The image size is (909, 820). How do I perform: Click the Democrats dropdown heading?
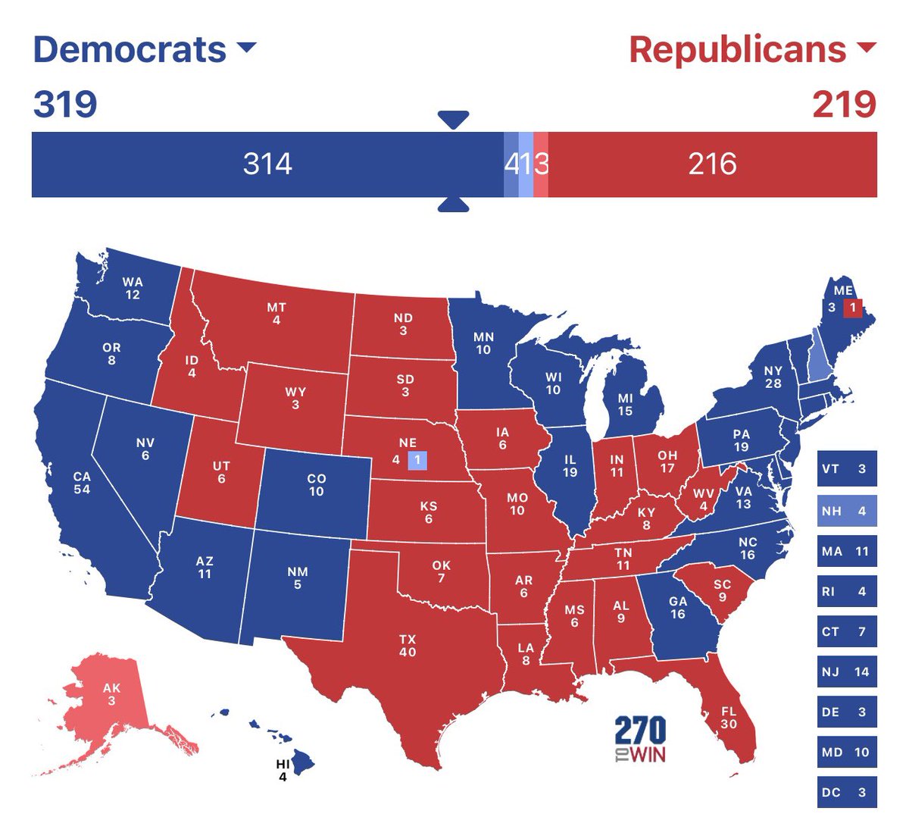click(144, 50)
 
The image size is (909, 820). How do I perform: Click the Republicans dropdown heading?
click(751, 50)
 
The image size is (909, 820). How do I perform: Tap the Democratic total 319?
click(65, 104)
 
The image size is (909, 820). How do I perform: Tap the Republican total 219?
click(844, 104)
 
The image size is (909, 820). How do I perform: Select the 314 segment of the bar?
click(267, 164)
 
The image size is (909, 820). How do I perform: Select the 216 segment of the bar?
click(712, 164)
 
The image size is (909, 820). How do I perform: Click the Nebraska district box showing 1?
click(417, 460)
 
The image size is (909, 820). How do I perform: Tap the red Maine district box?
click(852, 308)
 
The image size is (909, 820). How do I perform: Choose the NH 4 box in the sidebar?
click(846, 511)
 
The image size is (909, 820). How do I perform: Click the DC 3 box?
click(846, 793)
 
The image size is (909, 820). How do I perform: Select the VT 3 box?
click(846, 468)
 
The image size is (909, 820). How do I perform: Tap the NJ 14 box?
click(846, 671)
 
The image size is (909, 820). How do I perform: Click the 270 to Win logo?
click(640, 738)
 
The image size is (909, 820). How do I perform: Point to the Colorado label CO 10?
click(316, 484)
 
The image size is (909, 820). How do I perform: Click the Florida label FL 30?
click(729, 718)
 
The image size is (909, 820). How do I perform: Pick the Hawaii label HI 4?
click(283, 771)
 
